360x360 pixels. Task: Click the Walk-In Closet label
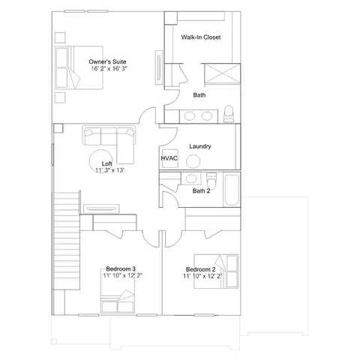201,37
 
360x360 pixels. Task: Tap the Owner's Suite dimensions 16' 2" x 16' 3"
109,68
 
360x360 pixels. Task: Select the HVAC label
169,158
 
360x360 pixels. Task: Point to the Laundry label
200,146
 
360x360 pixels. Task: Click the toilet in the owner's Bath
229,114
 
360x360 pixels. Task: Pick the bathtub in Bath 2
232,190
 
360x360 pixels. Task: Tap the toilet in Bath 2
211,181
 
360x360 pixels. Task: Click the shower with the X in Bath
222,73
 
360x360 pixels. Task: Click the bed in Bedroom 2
216,271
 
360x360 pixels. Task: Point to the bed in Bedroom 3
118,291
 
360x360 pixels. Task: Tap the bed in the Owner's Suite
79,67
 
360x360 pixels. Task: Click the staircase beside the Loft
67,241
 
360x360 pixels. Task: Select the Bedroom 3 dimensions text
123,275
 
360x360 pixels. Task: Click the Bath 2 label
201,191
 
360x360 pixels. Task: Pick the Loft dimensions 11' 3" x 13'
110,170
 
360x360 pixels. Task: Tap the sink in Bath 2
190,178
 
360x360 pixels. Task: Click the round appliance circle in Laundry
193,161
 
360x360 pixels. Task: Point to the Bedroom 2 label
200,269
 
